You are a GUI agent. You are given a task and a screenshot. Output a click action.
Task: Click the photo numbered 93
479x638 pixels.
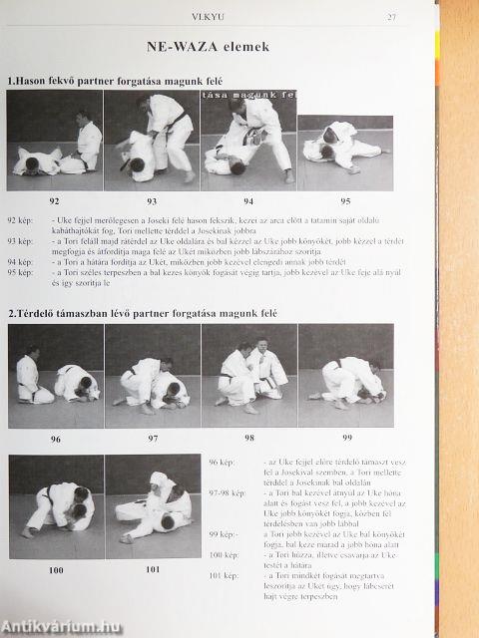[151, 138]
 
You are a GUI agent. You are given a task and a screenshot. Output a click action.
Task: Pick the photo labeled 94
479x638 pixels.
[247, 138]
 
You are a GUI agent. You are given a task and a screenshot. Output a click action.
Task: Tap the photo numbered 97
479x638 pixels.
[151, 370]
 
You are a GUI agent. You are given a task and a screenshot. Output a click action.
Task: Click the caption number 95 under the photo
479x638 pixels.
[345, 199]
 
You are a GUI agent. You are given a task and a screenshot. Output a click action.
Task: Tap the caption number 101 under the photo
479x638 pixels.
[152, 569]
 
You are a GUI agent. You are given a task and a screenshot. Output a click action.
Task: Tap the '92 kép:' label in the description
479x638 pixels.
[22, 217]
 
